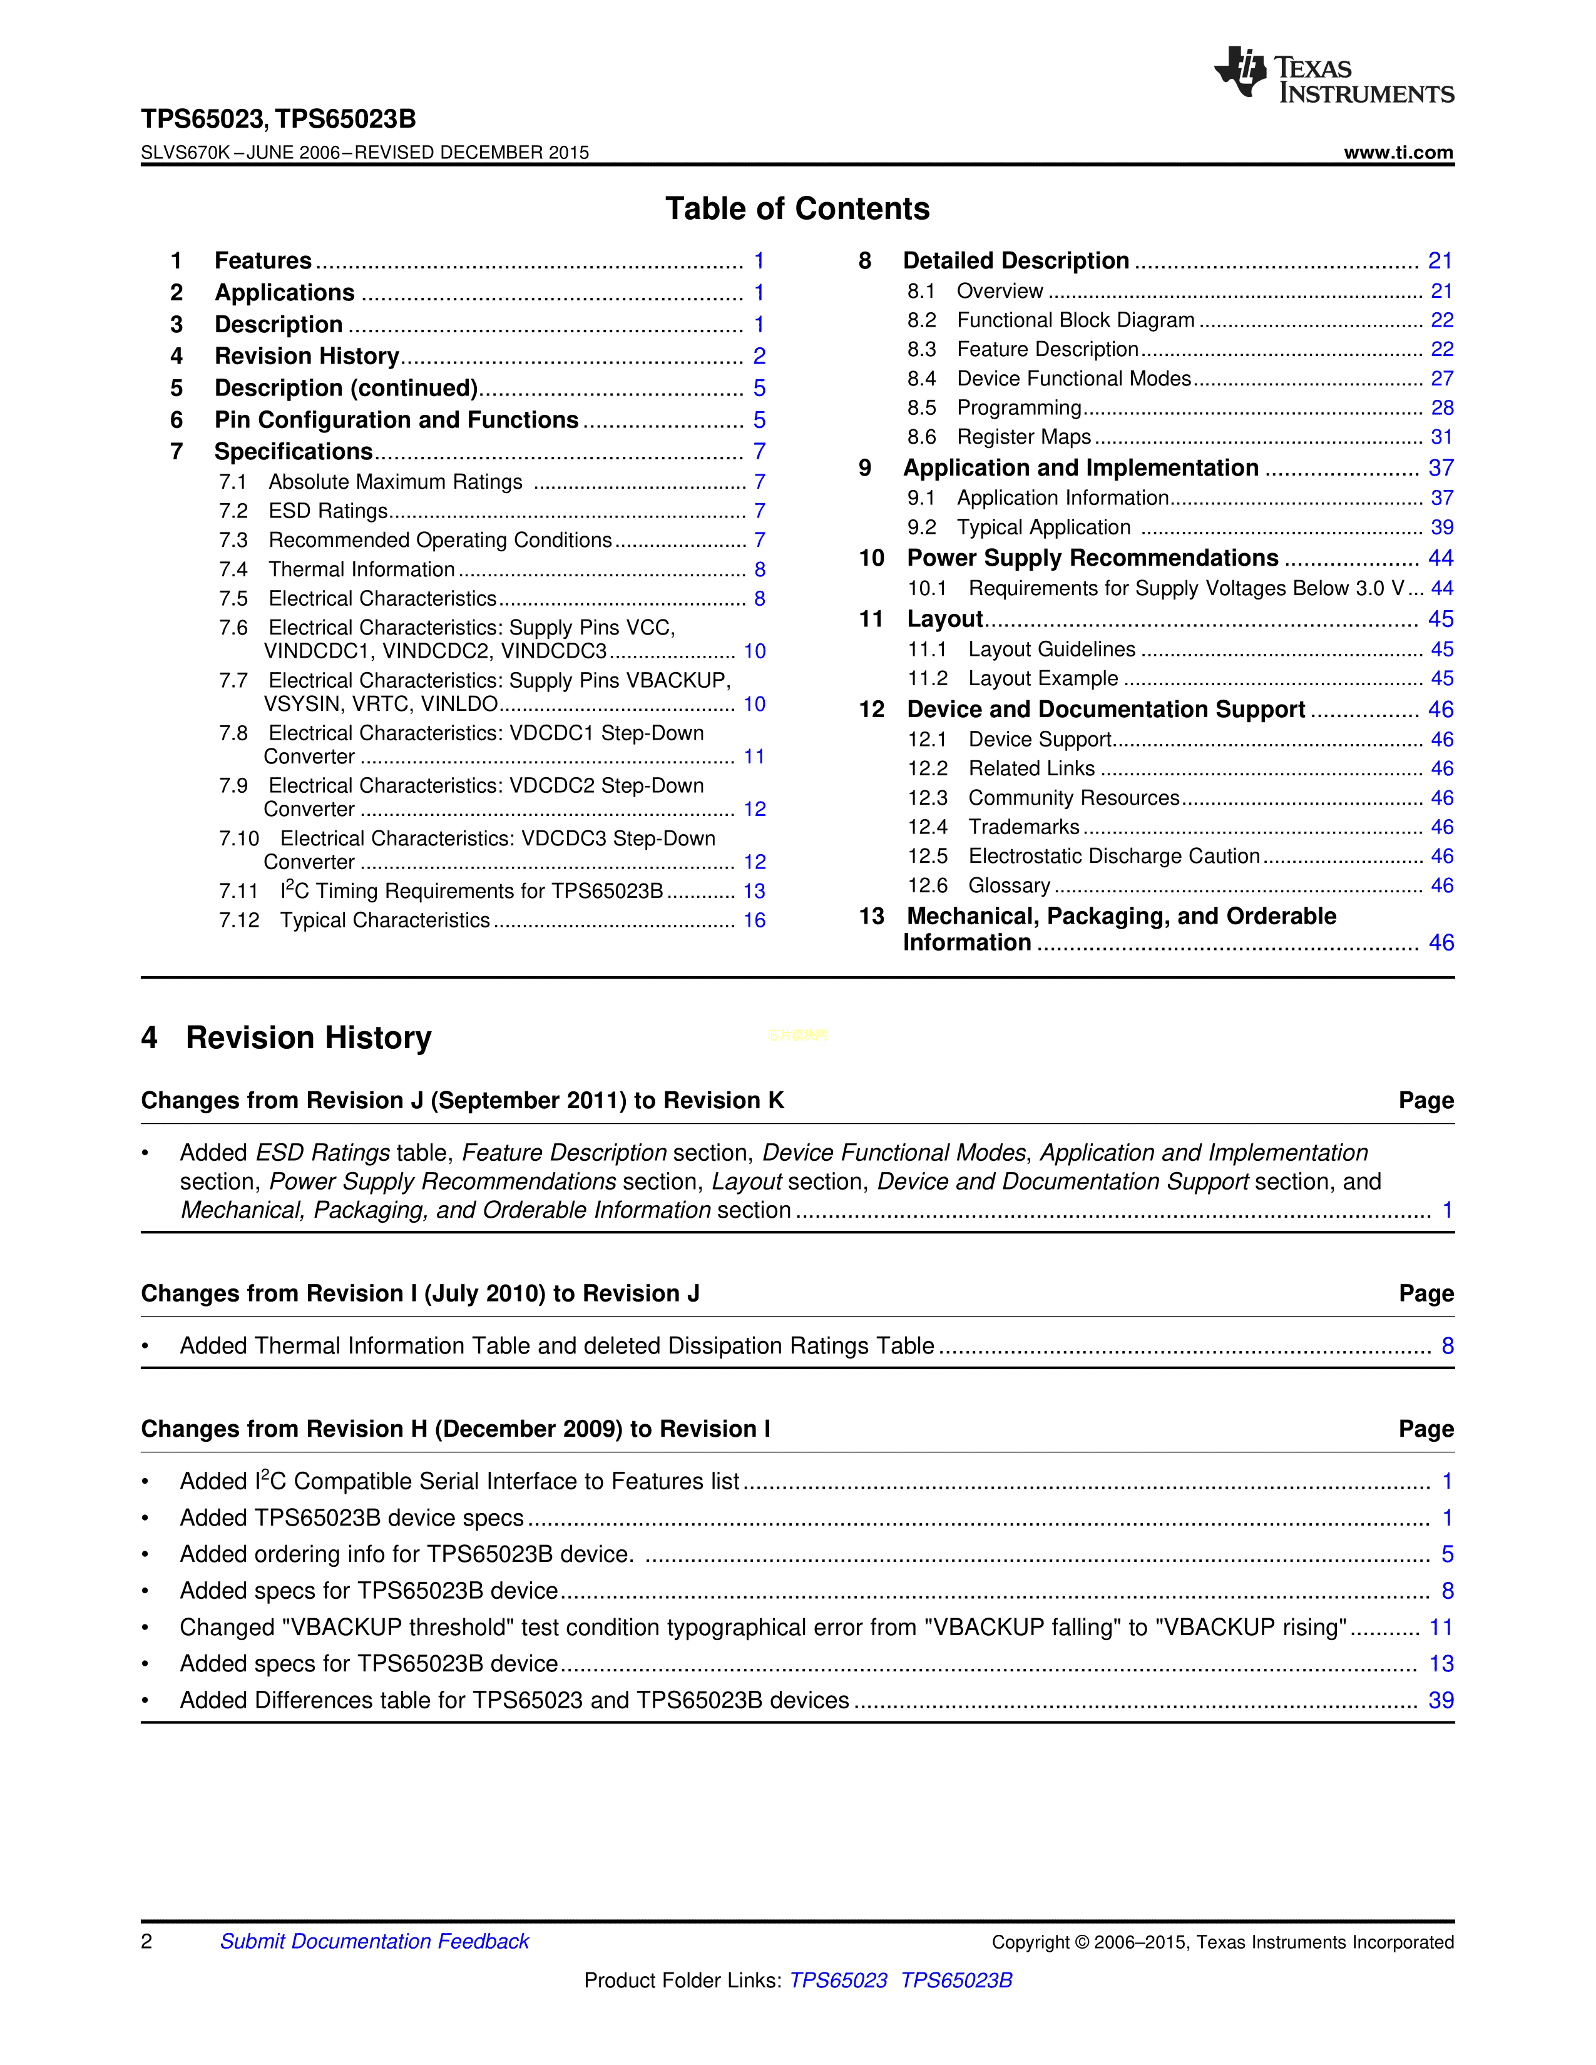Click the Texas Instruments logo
1333,74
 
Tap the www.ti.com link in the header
1398,152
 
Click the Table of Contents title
797,208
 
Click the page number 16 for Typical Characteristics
754,920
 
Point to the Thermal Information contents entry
361,569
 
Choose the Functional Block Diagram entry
1075,320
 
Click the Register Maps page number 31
1441,437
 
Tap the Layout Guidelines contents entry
1051,650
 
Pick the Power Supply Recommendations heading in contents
1092,558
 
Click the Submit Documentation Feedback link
374,1941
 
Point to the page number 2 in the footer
146,1941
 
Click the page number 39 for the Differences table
1440,1700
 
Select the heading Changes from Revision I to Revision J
420,1293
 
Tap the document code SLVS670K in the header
185,152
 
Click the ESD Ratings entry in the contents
328,511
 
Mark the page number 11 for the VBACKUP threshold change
1440,1627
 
